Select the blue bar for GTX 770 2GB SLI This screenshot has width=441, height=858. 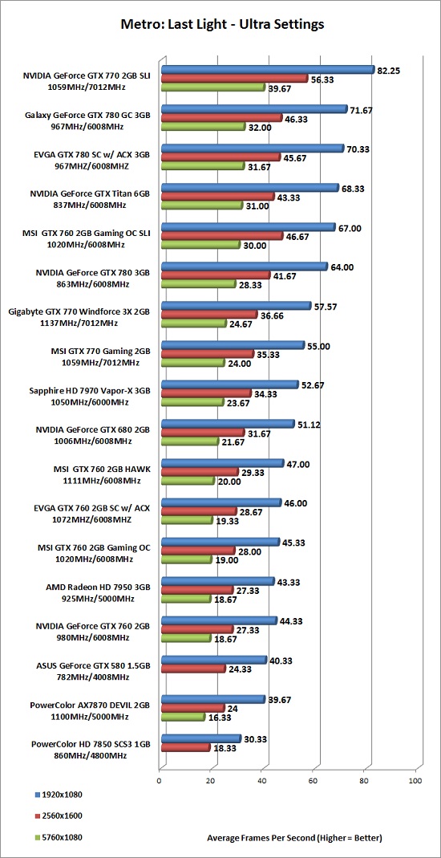[267, 70]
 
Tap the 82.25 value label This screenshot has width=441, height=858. [389, 70]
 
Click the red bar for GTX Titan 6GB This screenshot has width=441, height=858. [217, 197]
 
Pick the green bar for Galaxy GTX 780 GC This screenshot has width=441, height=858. [203, 126]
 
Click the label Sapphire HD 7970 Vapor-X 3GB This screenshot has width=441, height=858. [90, 391]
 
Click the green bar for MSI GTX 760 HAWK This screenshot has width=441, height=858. [187, 481]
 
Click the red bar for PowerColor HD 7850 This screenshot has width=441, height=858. [185, 747]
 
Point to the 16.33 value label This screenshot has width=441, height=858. [220, 718]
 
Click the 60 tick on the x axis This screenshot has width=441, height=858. [313, 782]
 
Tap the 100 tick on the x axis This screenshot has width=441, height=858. [416, 782]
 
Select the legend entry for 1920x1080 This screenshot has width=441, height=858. [58, 794]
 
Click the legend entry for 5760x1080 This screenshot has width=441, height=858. [58, 836]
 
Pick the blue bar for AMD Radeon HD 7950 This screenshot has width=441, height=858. [217, 582]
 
